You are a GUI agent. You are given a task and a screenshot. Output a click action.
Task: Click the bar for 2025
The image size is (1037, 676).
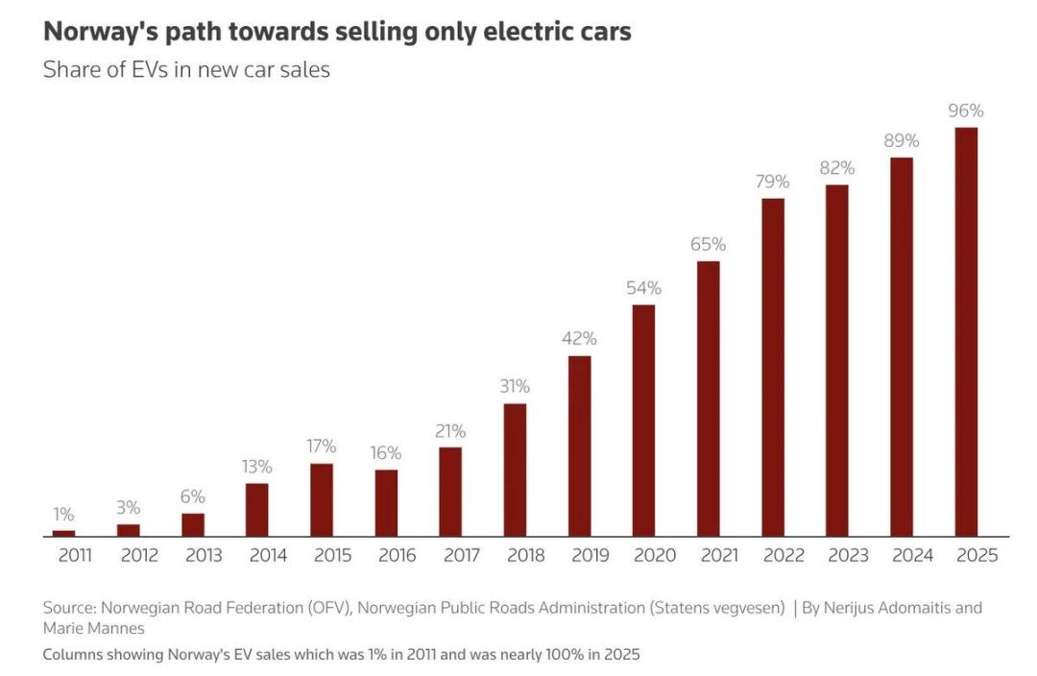click(x=966, y=331)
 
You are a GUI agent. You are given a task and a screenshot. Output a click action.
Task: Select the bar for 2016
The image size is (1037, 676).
click(x=386, y=502)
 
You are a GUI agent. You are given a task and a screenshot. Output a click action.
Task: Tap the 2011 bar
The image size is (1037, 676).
click(x=63, y=533)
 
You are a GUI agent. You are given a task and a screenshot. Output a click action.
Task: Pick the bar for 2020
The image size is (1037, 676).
click(x=643, y=421)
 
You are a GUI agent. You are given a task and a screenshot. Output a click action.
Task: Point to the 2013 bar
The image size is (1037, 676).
click(x=193, y=524)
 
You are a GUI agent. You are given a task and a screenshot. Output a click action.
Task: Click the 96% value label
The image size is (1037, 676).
click(x=966, y=110)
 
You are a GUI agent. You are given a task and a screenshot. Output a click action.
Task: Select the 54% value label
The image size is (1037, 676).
click(x=643, y=288)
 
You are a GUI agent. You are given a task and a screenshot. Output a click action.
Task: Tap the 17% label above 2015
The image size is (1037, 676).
click(x=322, y=447)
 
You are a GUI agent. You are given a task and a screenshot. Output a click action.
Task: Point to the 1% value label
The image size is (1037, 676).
click(x=63, y=515)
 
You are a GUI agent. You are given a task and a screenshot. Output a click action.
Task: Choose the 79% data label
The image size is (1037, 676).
click(x=772, y=181)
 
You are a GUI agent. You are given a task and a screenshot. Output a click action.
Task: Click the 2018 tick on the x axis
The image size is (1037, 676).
click(x=524, y=555)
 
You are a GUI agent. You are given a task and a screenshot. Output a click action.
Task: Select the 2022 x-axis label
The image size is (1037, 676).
click(x=784, y=555)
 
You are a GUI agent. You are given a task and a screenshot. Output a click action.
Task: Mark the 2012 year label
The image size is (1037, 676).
click(x=139, y=555)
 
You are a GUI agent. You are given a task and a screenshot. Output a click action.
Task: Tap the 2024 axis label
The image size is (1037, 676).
click(x=912, y=555)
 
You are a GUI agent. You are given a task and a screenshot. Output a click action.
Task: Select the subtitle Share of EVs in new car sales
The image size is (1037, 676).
click(x=186, y=69)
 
